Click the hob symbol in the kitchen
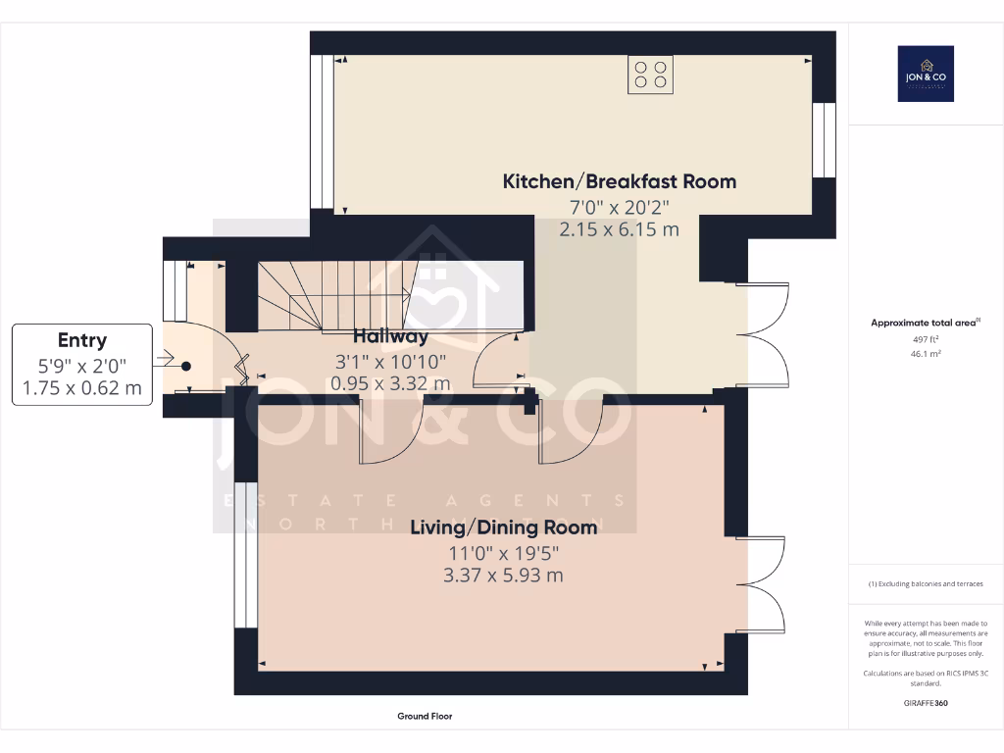[x=651, y=75]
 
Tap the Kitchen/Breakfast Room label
[x=619, y=181]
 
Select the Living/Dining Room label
[x=503, y=527]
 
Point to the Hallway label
[x=390, y=336]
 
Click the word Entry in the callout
[x=82, y=340]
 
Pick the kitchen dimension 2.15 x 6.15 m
[x=619, y=228]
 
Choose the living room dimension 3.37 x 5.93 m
[x=503, y=575]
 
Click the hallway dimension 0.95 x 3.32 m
[x=390, y=383]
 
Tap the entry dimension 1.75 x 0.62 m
[x=82, y=388]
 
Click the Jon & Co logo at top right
[x=926, y=74]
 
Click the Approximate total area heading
[x=926, y=323]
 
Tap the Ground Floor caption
[x=425, y=717]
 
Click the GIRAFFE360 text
[x=926, y=703]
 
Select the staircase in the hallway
[x=333, y=294]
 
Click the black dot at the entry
[x=185, y=366]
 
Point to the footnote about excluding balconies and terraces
[x=926, y=584]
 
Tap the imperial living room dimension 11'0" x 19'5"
[x=503, y=552]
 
